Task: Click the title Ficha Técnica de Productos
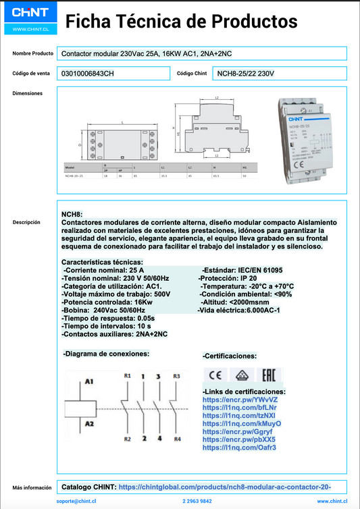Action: (x=181, y=22)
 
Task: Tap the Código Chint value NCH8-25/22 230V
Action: (x=245, y=73)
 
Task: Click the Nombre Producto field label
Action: (x=33, y=53)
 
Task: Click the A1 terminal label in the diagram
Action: (x=88, y=381)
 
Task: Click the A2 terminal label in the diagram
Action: (x=88, y=423)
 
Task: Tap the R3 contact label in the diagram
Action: (x=176, y=375)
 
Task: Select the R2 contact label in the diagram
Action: (x=126, y=439)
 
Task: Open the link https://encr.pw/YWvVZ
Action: (x=230, y=400)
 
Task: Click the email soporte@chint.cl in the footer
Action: (x=78, y=502)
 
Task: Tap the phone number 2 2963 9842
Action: (x=197, y=502)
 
